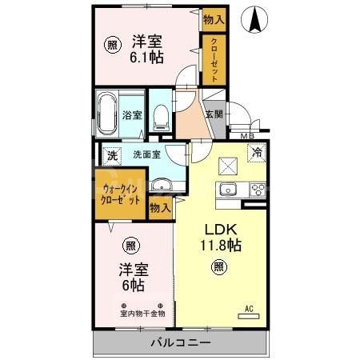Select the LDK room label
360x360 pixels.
coord(218,227)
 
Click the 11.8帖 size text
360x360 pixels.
coord(218,246)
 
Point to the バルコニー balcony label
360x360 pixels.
coord(181,343)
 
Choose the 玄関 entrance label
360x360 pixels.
coord(214,114)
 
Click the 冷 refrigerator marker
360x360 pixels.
coord(258,153)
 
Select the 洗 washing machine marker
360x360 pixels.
coord(112,154)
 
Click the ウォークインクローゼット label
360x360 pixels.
coord(122,194)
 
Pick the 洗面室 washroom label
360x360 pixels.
coord(146,154)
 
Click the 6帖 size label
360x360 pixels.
coord(133,284)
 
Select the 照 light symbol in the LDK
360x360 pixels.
coord(218,269)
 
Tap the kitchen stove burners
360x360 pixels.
coord(258,190)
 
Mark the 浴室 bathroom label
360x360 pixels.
coord(131,114)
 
